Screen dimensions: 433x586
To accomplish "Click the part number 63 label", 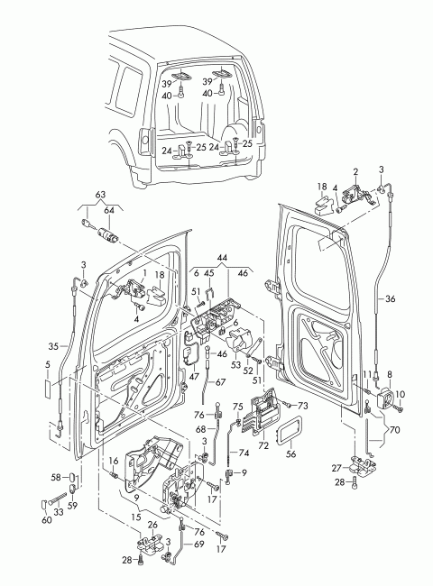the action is tap(100, 195).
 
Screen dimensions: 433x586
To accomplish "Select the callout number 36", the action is tap(390, 299).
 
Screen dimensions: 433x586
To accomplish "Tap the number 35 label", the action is tap(54, 346).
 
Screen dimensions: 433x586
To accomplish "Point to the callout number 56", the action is tap(290, 453).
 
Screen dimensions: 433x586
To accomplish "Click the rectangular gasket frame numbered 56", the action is tap(290, 430).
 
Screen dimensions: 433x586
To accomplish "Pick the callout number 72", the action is tap(264, 445).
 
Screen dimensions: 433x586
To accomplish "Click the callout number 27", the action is tap(336, 468).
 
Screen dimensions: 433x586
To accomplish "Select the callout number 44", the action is tap(222, 258).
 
